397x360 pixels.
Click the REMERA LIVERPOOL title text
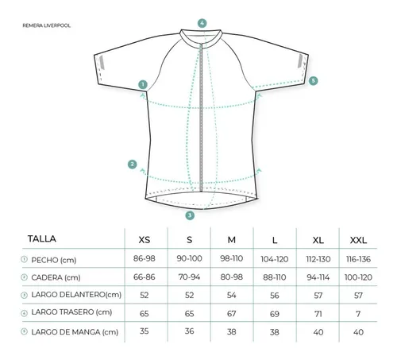pyautogui.click(x=47, y=25)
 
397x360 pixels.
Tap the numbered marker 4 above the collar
pyautogui.click(x=202, y=23)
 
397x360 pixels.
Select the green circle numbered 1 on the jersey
pyautogui.click(x=143, y=85)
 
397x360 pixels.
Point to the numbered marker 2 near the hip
pyautogui.click(x=133, y=165)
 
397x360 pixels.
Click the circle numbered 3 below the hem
pyautogui.click(x=190, y=215)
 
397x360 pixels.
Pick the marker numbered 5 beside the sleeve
pyautogui.click(x=314, y=81)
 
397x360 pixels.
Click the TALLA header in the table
pyautogui.click(x=42, y=238)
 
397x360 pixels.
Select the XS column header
pyautogui.click(x=145, y=240)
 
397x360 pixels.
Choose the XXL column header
pyautogui.click(x=358, y=240)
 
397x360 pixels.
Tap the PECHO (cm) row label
pyautogui.click(x=54, y=260)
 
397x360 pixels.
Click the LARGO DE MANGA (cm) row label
pyautogui.click(x=75, y=332)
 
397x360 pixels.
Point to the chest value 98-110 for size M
pyautogui.click(x=232, y=258)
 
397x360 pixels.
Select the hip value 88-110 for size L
pyautogui.click(x=275, y=277)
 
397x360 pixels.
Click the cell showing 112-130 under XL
pyautogui.click(x=318, y=259)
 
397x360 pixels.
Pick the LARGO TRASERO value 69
pyautogui.click(x=275, y=314)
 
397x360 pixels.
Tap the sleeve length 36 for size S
pyautogui.click(x=190, y=331)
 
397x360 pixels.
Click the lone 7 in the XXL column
pyautogui.click(x=358, y=314)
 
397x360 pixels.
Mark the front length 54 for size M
pyautogui.click(x=232, y=295)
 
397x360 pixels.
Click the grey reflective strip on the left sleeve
pyautogui.click(x=102, y=63)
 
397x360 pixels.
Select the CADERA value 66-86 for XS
pyautogui.click(x=145, y=277)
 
